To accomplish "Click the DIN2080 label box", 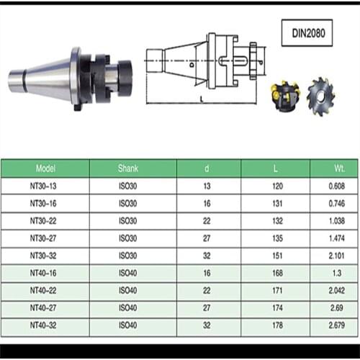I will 312,32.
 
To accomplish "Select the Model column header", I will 45,168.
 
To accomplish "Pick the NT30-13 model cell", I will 45,186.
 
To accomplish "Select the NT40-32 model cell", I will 45,325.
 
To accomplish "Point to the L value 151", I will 275,256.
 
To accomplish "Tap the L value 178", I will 275,325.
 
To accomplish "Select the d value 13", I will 208,186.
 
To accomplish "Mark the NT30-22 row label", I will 45,221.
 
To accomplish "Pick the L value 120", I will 275,186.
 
